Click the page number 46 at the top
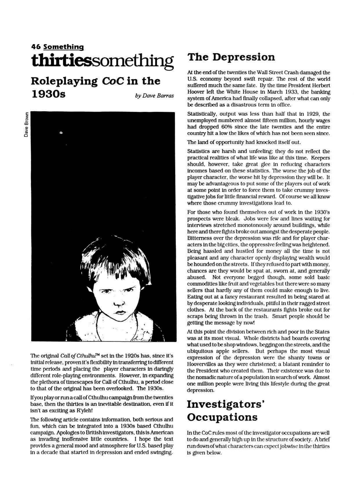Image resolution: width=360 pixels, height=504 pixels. pyautogui.click(x=36, y=47)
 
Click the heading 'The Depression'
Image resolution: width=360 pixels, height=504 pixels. pyautogui.click(x=231, y=57)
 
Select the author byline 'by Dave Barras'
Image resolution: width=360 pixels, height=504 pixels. pyautogui.click(x=154, y=96)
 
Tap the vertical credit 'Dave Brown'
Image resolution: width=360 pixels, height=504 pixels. pyautogui.click(x=26, y=125)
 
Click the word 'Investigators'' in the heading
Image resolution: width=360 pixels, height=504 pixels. pyautogui.click(x=226, y=404)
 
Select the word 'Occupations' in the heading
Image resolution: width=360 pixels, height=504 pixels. pyautogui.click(x=222, y=417)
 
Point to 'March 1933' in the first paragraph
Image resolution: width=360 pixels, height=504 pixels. pyautogui.click(x=284, y=92)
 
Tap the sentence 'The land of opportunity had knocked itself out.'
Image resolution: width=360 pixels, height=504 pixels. pyautogui.click(x=244, y=142)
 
